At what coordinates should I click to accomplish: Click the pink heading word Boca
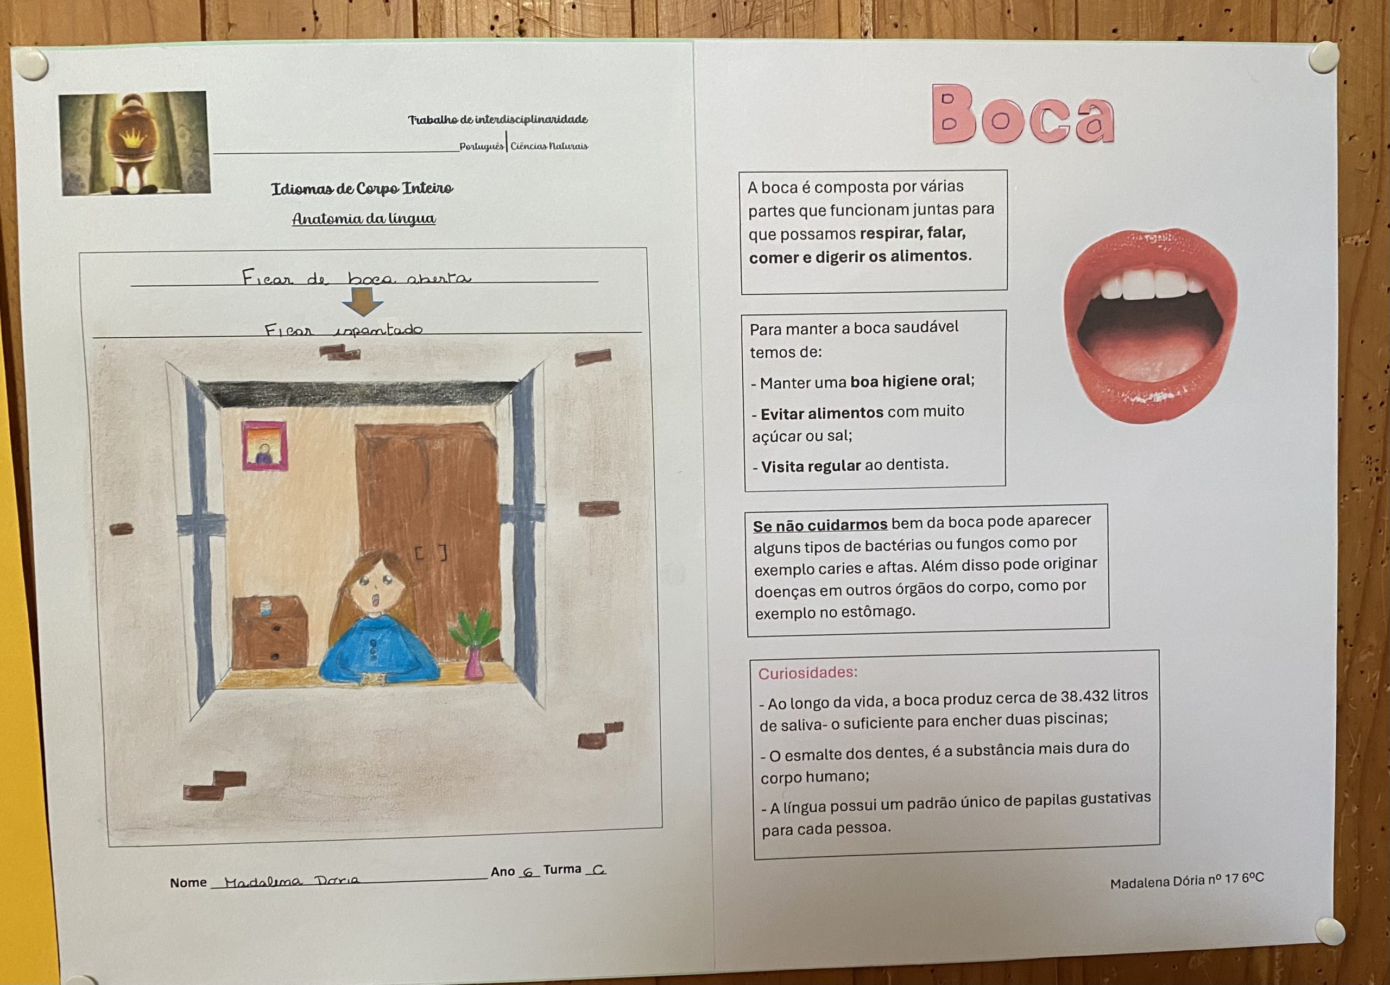pos(1022,115)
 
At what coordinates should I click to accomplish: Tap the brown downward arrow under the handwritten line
pos(362,301)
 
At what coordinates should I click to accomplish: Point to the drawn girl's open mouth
pos(376,601)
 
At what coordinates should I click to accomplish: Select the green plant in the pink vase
pos(475,631)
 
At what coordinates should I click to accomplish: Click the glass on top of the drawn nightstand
pos(264,607)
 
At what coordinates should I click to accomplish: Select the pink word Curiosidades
pos(807,673)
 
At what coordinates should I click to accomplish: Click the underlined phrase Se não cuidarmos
pos(820,525)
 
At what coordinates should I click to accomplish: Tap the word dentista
pos(917,465)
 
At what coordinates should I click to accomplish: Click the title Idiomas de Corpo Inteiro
pos(362,188)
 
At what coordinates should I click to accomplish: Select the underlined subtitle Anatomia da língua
pos(364,219)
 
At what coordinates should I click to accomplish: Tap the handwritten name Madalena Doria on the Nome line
pos(291,881)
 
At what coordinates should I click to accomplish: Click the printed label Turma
pos(562,870)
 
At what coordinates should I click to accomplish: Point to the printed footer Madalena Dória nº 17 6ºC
pos(1186,881)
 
